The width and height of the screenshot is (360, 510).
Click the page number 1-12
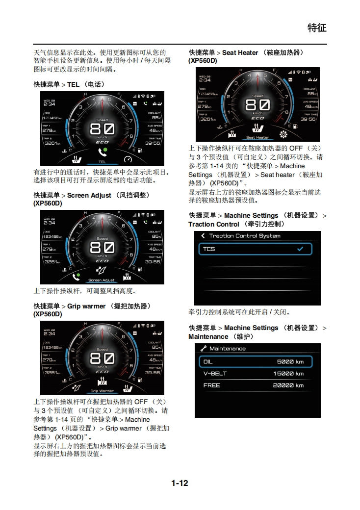tap(180, 483)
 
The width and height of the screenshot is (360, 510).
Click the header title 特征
tap(316, 27)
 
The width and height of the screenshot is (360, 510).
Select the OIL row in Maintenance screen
tap(255, 362)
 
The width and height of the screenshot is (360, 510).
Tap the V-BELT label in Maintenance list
tap(215, 374)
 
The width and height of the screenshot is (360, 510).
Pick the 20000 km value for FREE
tap(288, 385)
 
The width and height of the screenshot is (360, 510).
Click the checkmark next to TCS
tap(300, 249)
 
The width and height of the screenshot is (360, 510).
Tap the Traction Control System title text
tap(245, 236)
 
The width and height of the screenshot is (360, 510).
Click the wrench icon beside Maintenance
tap(203, 349)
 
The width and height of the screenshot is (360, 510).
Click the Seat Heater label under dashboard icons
tap(257, 138)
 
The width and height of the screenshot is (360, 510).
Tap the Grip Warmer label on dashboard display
tap(102, 391)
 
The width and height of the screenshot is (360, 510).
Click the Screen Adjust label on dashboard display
tap(102, 280)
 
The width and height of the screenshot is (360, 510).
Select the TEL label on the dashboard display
tap(102, 162)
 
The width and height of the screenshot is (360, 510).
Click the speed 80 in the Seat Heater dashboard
tap(257, 104)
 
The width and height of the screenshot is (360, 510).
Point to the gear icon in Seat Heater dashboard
tap(283, 134)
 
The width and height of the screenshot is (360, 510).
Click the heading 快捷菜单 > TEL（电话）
tap(69, 84)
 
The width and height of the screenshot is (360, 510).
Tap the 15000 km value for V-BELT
tap(288, 374)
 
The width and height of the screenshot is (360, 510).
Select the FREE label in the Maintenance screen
tap(212, 385)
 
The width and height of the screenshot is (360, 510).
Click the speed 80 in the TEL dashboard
tap(102, 129)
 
